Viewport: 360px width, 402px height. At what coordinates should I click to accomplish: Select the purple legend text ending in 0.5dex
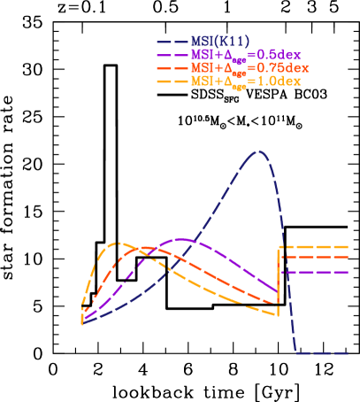pyautogui.click(x=245, y=55)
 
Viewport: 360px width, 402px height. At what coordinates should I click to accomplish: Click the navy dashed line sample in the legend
pyautogui.click(x=172, y=42)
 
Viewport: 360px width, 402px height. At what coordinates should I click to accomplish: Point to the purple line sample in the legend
pyautogui.click(x=172, y=55)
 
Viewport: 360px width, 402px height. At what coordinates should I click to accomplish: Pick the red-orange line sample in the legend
pyautogui.click(x=172, y=68)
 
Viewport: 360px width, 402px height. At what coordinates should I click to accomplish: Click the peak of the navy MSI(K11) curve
pyautogui.click(x=258, y=151)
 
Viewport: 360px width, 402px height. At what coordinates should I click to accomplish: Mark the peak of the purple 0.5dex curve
pyautogui.click(x=182, y=239)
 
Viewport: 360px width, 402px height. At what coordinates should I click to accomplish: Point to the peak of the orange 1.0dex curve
pyautogui.click(x=116, y=243)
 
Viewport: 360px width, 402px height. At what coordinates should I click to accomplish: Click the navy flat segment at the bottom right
pyautogui.click(x=323, y=352)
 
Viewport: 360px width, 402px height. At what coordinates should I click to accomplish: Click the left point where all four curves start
pyautogui.click(x=82, y=323)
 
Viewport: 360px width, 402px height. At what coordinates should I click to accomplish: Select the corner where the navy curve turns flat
pyautogui.click(x=297, y=352)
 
